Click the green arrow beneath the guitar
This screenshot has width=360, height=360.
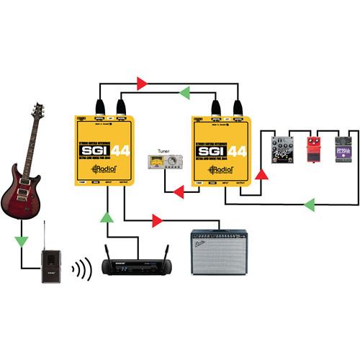tap(25, 237)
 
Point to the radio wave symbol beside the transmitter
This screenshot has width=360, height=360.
tap(84, 270)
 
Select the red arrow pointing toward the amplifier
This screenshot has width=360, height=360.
tap(156, 219)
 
